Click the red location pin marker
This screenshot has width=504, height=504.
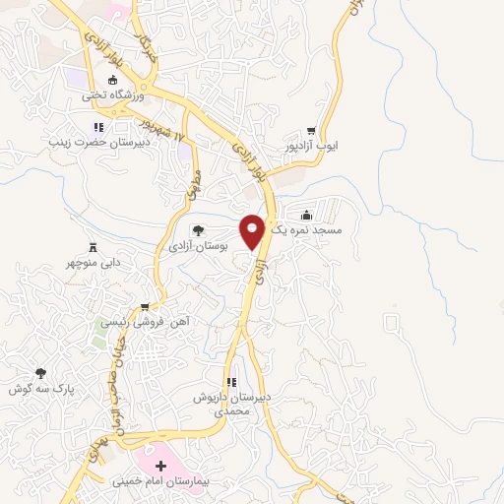click(253, 230)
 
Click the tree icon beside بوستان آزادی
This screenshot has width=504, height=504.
click(199, 229)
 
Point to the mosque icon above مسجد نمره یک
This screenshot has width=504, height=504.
click(307, 216)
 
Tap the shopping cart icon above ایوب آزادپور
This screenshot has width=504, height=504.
click(311, 130)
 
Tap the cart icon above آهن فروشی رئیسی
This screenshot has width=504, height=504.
click(146, 307)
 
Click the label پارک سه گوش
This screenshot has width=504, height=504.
click(41, 388)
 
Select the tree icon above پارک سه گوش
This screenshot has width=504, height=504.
click(40, 373)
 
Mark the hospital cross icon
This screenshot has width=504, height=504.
click(161, 465)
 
